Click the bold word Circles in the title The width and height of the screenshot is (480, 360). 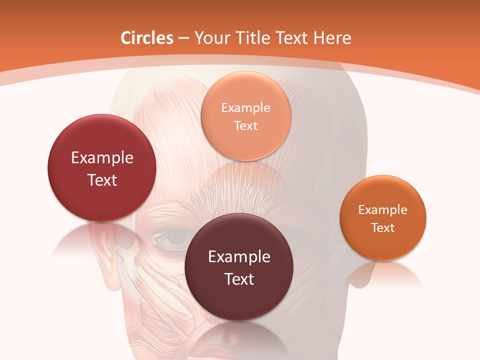147,38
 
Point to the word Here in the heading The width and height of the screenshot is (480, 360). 332,38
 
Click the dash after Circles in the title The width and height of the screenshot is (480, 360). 183,38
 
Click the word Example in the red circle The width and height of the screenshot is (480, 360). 102,158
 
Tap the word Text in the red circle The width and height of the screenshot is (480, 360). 102,180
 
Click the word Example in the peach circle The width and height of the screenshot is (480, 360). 245,107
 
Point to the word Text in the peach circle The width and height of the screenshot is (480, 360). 245,125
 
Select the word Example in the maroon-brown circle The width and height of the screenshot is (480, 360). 238,257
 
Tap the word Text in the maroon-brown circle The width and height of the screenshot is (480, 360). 238,279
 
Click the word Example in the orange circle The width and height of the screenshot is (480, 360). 383,210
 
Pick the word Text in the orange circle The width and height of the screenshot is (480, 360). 383,228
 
